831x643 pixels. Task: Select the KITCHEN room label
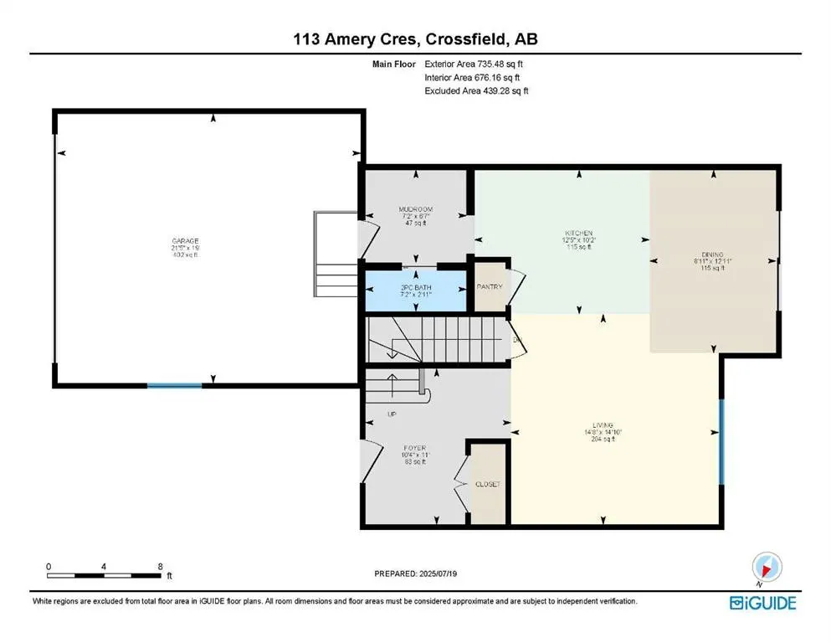pyautogui.click(x=577, y=234)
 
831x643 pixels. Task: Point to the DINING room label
pyautogui.click(x=714, y=255)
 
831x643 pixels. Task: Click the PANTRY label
pyautogui.click(x=490, y=287)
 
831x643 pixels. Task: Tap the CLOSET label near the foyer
pyautogui.click(x=488, y=484)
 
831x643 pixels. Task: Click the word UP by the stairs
pyautogui.click(x=391, y=414)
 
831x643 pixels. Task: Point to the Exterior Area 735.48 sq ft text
pyautogui.click(x=474, y=64)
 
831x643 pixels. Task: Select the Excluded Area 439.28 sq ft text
pyautogui.click(x=476, y=90)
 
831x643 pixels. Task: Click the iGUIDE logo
pyautogui.click(x=762, y=603)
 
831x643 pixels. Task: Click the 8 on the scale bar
pyautogui.click(x=160, y=567)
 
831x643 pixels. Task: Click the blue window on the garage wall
pyautogui.click(x=174, y=385)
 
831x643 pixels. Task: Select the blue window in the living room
pyautogui.click(x=721, y=430)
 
